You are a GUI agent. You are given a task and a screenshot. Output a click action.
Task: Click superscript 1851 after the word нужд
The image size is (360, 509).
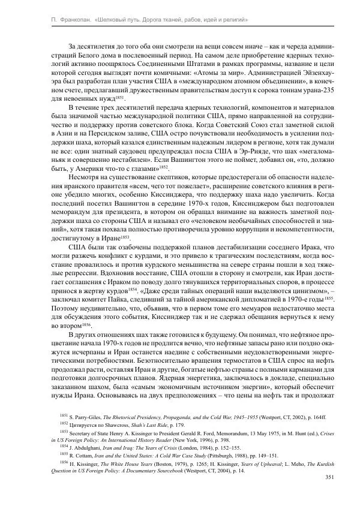pyautogui.click(x=119, y=96)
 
